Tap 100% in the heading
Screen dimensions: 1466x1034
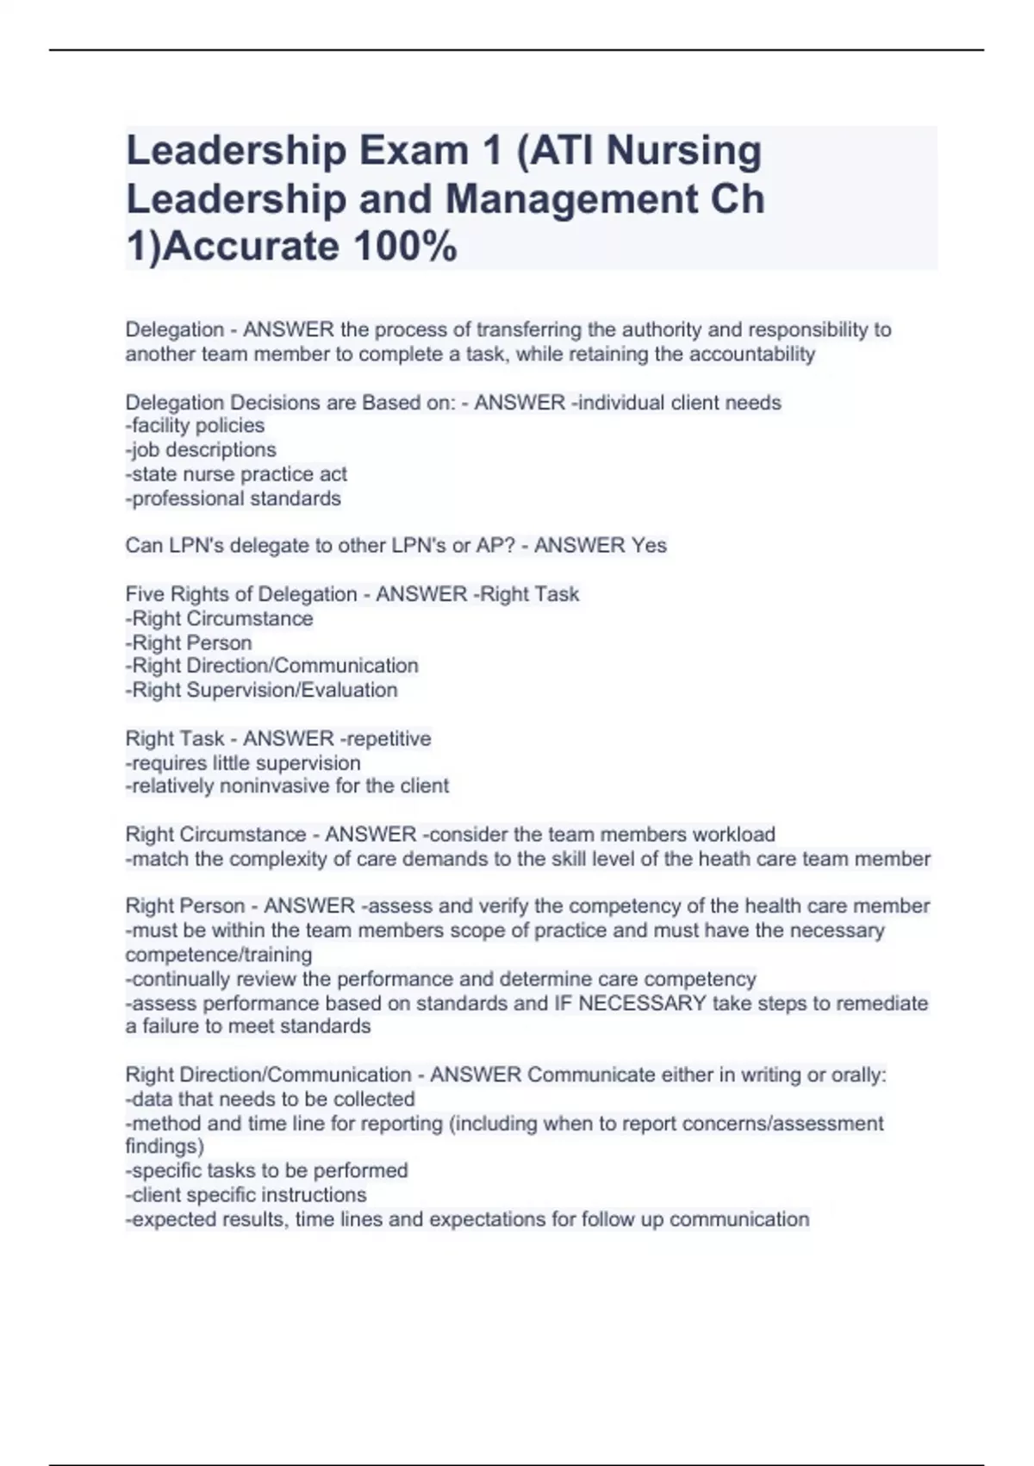point(405,247)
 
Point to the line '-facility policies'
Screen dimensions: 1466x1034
point(195,426)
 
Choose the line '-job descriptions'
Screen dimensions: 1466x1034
point(201,450)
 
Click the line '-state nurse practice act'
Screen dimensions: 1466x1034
point(236,474)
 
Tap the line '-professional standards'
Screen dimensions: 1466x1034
point(233,498)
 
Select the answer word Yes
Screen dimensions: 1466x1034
point(649,546)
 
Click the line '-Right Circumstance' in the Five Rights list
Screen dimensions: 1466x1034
point(219,618)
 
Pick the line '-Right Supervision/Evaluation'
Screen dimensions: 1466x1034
point(261,690)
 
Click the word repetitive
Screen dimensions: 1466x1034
point(385,739)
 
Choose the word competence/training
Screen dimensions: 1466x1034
point(219,955)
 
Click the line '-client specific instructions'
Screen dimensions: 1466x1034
point(246,1195)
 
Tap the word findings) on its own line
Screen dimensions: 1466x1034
point(165,1147)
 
